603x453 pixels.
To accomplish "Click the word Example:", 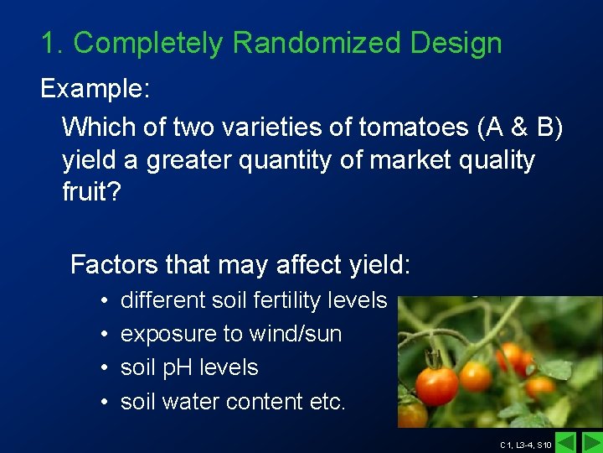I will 95,88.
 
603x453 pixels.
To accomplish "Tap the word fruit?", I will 92,193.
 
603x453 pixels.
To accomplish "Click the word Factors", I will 113,265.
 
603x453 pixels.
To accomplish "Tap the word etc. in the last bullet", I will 327,402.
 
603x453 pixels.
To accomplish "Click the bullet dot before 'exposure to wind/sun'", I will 101,334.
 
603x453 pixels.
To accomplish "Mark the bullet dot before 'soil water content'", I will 101,402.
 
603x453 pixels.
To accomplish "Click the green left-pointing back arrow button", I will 566,442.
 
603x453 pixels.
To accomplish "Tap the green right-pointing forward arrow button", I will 591,442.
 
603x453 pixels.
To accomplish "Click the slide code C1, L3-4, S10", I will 525,445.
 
